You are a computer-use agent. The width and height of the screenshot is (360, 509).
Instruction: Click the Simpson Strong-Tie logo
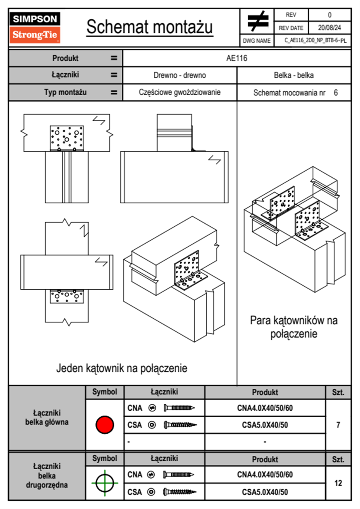tap(35, 28)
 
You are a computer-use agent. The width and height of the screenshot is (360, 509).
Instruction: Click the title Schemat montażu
tap(150, 27)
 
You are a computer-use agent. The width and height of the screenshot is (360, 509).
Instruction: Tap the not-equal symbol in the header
tap(257, 21)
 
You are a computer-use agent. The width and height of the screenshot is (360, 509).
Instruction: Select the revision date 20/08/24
tap(329, 28)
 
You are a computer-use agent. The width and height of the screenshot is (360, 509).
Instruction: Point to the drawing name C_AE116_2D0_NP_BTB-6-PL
tap(315, 41)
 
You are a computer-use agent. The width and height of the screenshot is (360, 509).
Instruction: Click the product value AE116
tap(237, 58)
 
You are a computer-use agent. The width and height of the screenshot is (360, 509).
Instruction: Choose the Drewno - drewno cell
tap(180, 75)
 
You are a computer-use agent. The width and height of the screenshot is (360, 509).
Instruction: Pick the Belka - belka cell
tap(294, 75)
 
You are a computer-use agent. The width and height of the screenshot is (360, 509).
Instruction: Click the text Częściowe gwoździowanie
tap(180, 92)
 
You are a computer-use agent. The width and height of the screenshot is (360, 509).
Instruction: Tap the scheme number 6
tap(336, 93)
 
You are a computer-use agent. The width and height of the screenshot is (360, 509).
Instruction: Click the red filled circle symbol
tap(105, 425)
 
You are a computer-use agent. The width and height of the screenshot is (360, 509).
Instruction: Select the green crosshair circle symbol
tap(105, 483)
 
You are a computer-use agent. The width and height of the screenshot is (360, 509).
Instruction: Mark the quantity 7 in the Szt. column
tap(338, 425)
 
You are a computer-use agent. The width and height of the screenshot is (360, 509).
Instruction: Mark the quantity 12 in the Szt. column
tap(338, 483)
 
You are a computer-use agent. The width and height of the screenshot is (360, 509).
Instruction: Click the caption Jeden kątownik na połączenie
tap(122, 368)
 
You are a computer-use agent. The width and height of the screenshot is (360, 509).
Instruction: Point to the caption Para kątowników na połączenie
tap(294, 327)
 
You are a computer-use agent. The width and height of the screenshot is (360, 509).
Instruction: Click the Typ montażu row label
tap(65, 92)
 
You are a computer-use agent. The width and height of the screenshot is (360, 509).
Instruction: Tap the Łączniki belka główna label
tap(47, 417)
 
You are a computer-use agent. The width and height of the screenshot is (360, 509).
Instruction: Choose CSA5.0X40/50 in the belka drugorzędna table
tap(265, 492)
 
